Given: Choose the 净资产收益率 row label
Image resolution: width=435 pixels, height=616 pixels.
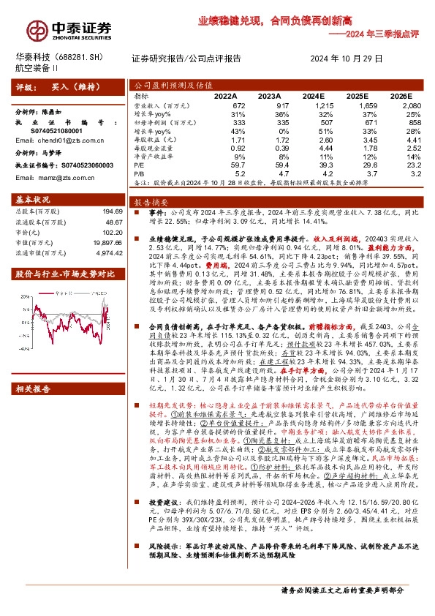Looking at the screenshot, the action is pos(154,157).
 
